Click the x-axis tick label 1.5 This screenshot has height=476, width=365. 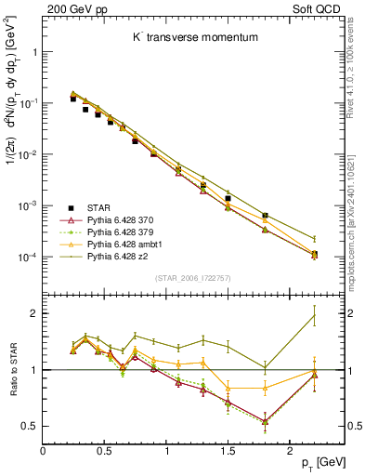(228, 450)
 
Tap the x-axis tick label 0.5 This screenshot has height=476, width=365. (104, 450)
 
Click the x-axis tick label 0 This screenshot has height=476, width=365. (43, 450)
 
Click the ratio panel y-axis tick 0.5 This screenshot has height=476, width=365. (31, 426)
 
